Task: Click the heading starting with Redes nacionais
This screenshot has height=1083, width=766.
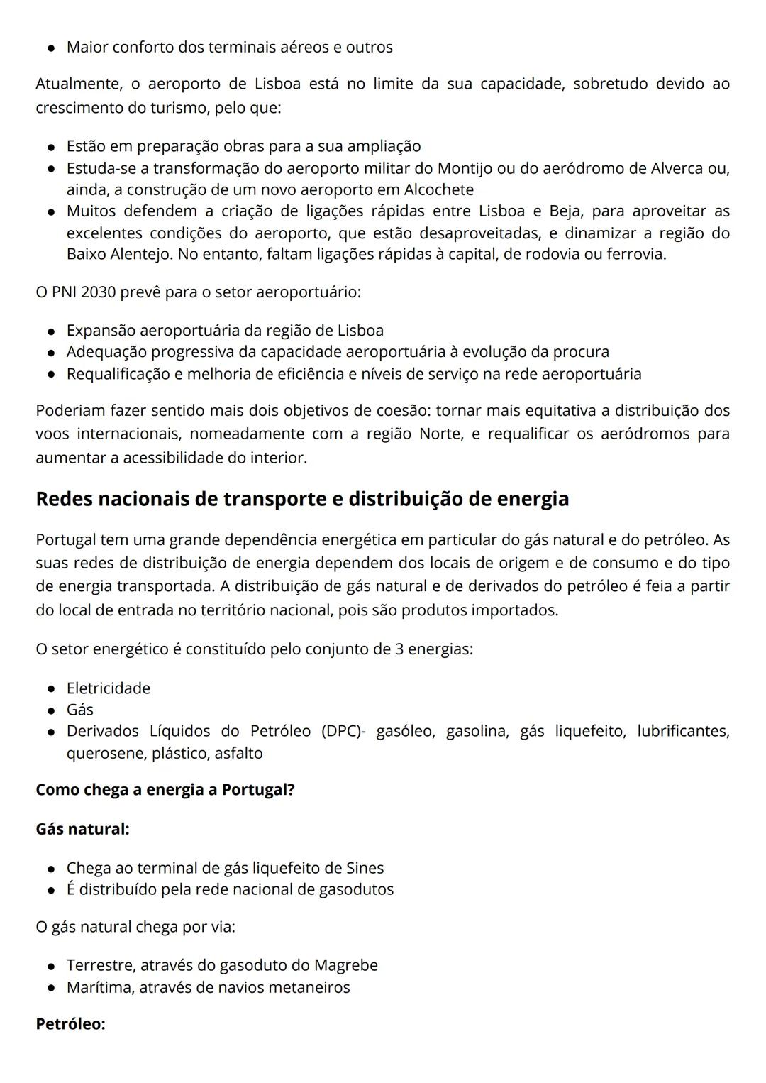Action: [302, 499]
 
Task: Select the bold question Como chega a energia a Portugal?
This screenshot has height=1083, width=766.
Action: [165, 790]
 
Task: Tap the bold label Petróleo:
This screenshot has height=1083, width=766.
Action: [70, 1024]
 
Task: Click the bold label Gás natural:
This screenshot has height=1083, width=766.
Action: [82, 829]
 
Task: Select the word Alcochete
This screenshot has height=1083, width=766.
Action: [438, 190]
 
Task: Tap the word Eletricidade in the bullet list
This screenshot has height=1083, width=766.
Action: [109, 688]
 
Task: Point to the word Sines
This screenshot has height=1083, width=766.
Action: [365, 868]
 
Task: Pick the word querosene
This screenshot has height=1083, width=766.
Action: [106, 753]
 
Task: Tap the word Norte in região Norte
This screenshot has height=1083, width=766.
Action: [440, 434]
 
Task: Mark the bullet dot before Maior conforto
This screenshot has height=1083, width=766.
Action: [52, 48]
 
